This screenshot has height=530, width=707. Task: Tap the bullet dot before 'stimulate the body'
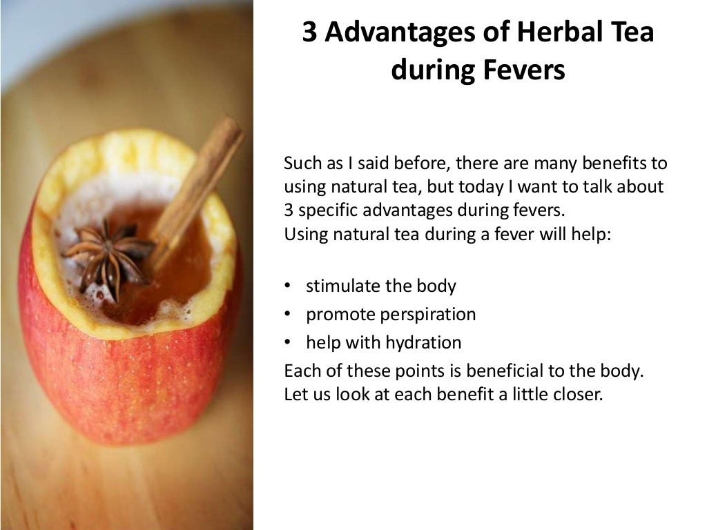point(287,286)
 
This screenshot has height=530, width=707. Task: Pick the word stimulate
point(338,286)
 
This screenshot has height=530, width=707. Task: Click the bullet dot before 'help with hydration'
point(287,342)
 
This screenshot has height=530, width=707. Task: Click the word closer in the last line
point(579,396)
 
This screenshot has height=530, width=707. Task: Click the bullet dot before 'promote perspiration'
point(287,315)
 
